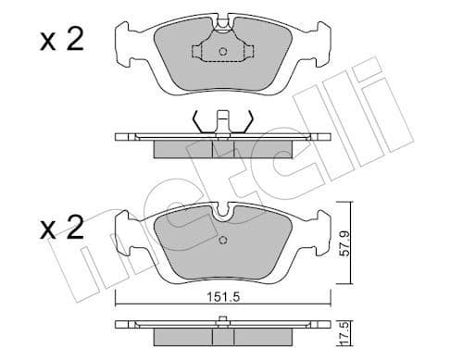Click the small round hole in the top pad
222,52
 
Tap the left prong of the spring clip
195,121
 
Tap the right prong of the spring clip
248,121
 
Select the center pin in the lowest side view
222,322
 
